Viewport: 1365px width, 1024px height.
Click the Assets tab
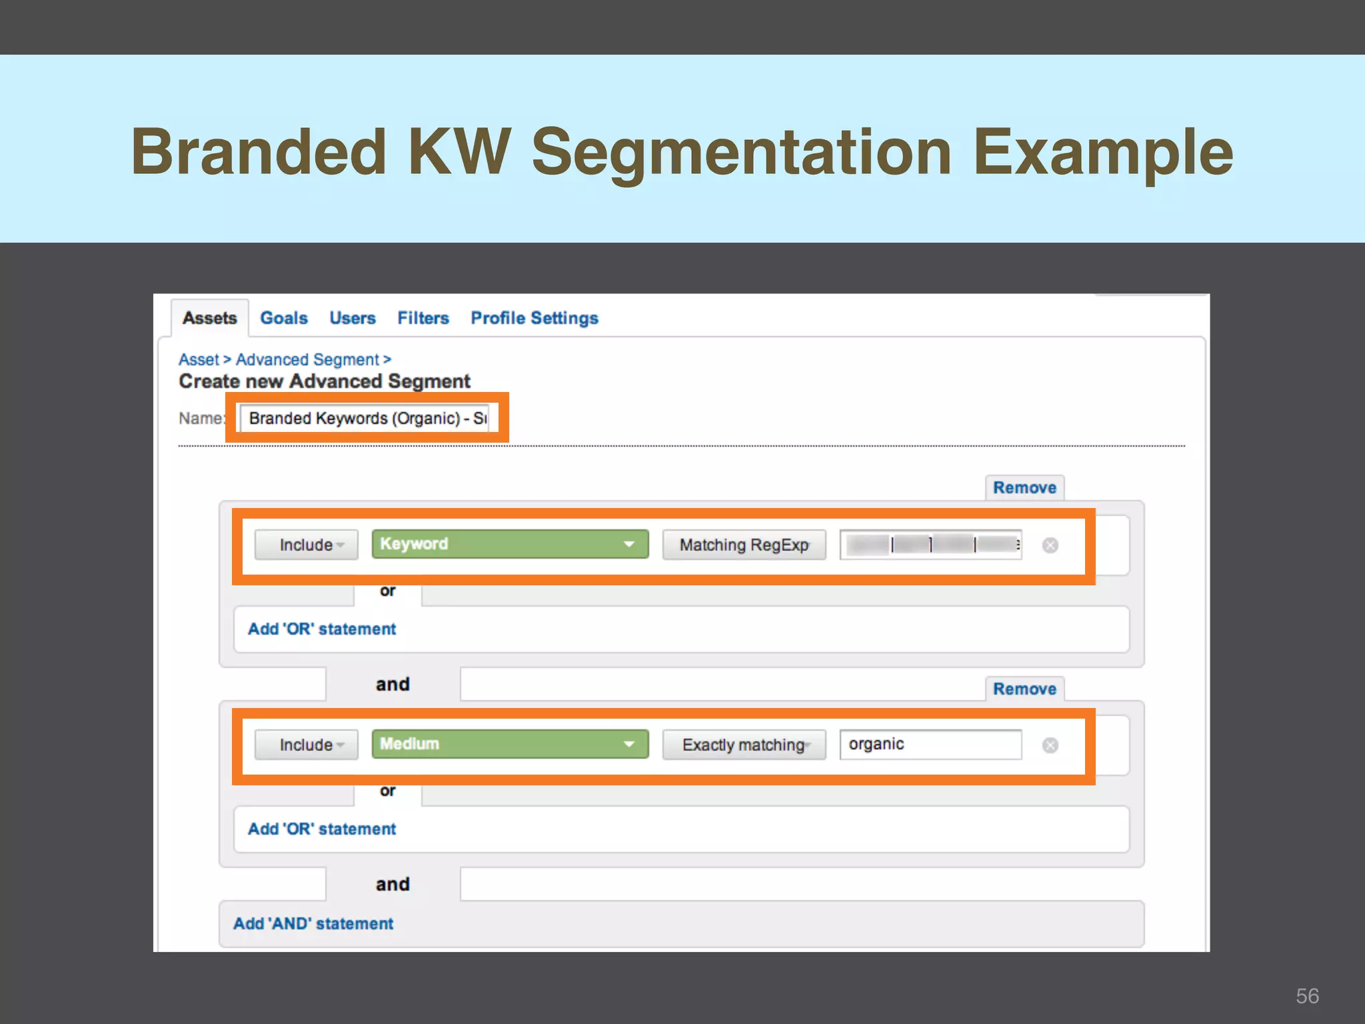(209, 318)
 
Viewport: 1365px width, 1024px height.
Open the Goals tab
(284, 318)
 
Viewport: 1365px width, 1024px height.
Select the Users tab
(352, 318)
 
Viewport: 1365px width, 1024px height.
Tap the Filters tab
(423, 318)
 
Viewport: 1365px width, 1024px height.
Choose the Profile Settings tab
(535, 318)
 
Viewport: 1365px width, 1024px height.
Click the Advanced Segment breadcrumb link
(307, 360)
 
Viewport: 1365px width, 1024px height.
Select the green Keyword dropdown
(510, 544)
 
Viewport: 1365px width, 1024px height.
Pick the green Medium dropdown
(510, 744)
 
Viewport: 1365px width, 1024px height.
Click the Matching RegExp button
(744, 545)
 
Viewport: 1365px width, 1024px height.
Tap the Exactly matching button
(744, 745)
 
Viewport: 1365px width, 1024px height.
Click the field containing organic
(930, 744)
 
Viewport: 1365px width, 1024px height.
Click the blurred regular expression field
(930, 545)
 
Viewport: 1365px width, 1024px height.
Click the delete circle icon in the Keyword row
(1050, 545)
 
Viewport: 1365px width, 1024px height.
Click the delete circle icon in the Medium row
(1050, 745)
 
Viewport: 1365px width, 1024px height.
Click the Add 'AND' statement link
(313, 923)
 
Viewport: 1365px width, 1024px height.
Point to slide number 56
(1307, 996)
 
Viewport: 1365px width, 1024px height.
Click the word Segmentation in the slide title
(741, 152)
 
